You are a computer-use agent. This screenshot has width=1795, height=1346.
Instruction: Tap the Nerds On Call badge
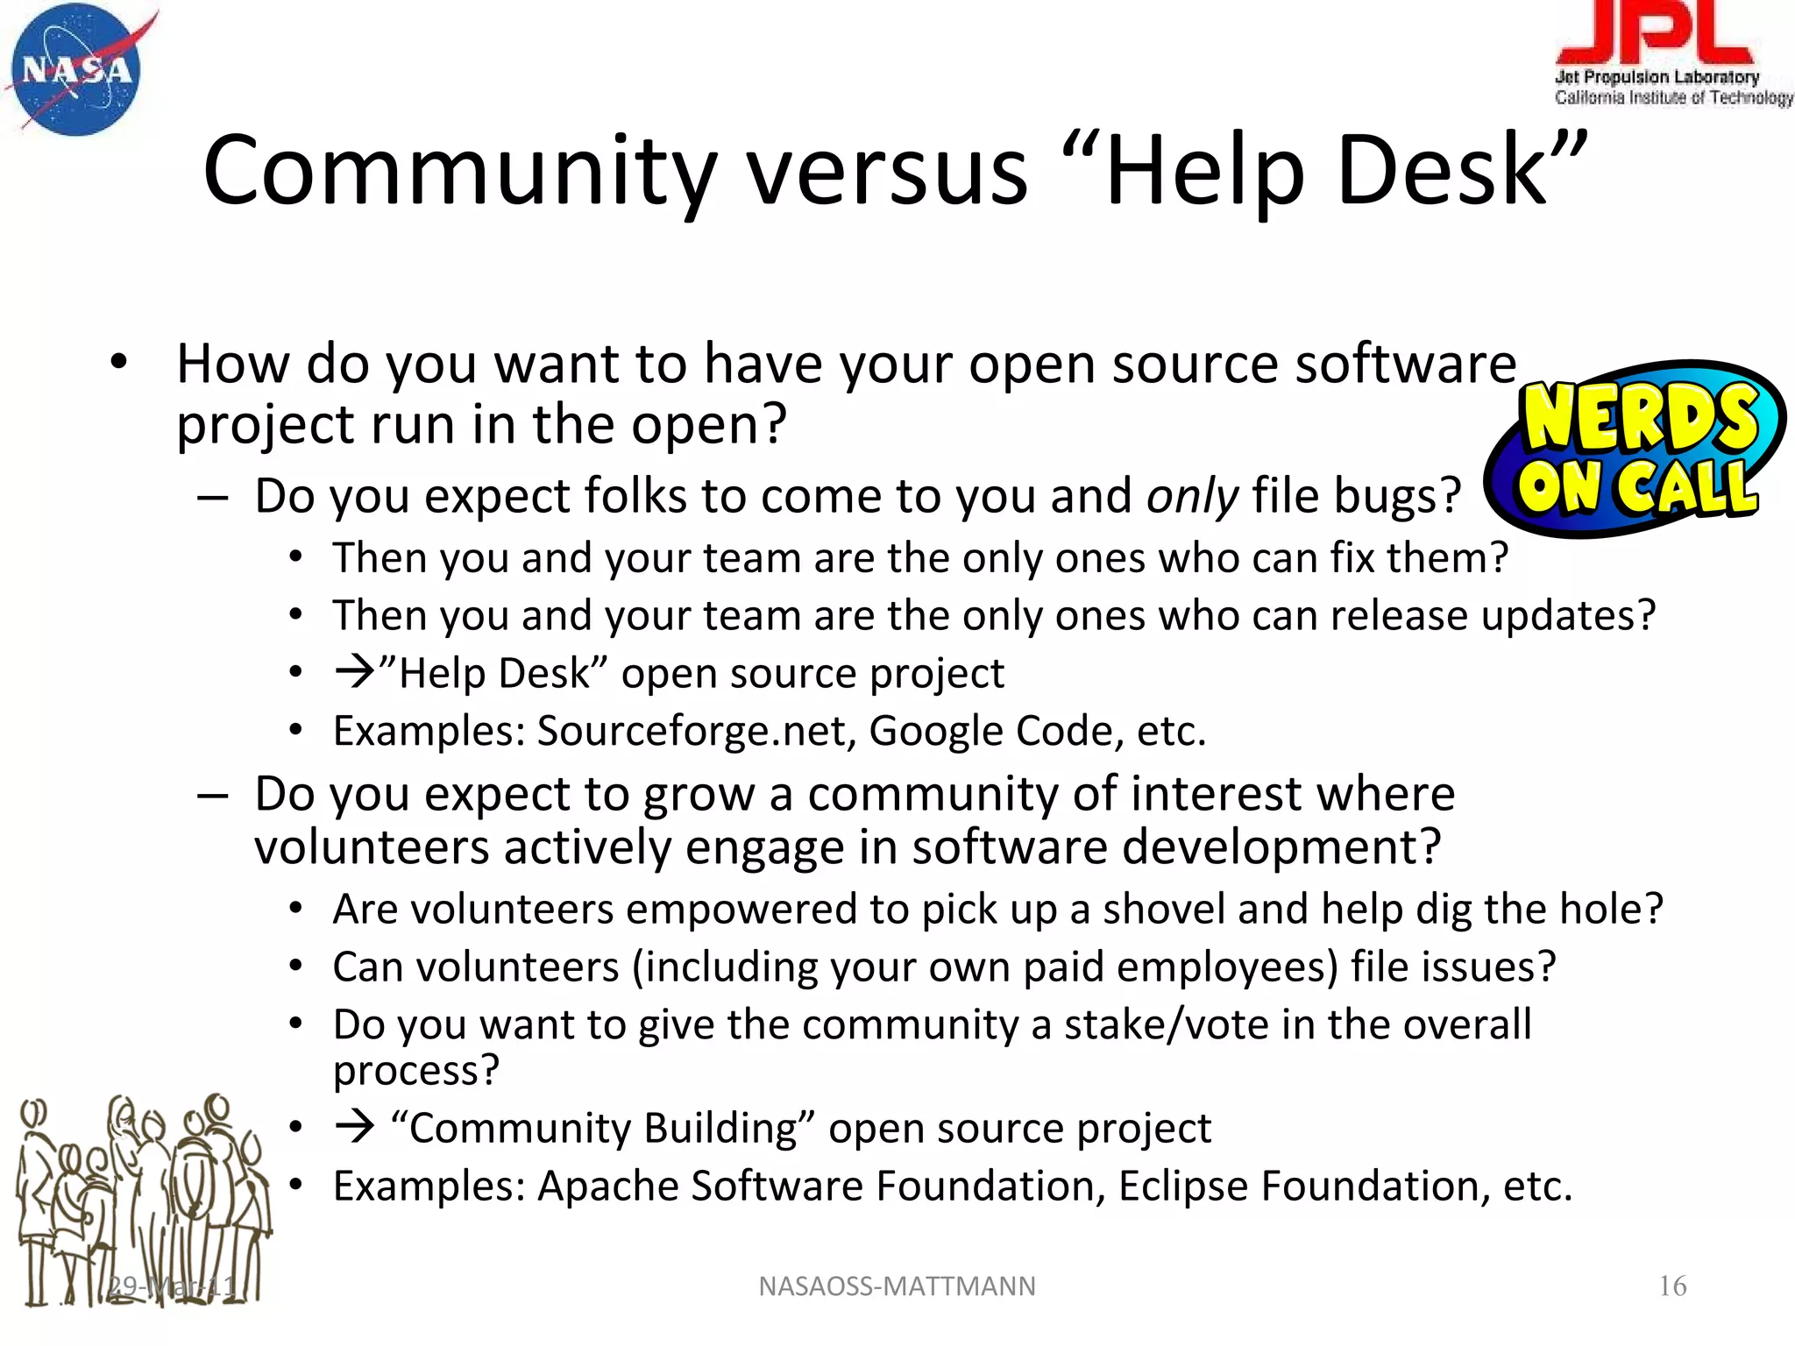pyautogui.click(x=1635, y=450)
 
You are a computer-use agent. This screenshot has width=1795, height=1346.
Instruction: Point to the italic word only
pyautogui.click(x=1192, y=497)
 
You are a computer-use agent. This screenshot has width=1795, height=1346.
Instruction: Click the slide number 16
pyautogui.click(x=1672, y=1286)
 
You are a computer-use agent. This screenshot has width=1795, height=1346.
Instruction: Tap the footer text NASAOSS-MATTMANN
pyautogui.click(x=897, y=1286)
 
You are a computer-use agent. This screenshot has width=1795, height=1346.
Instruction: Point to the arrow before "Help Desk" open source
pyautogui.click(x=355, y=673)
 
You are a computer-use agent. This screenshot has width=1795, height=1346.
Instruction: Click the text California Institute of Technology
pyautogui.click(x=1673, y=97)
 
